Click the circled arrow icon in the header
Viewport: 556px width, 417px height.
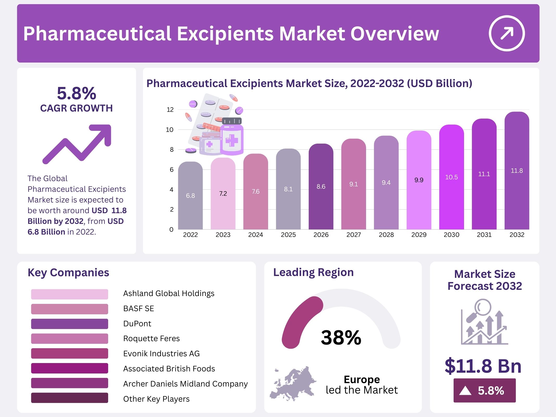(506, 33)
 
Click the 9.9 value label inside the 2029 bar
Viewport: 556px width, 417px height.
(419, 180)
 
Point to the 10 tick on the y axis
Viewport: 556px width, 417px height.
(170, 130)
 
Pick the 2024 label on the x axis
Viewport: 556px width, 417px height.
(255, 235)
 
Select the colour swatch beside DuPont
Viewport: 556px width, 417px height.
(70, 324)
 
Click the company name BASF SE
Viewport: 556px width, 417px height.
(139, 309)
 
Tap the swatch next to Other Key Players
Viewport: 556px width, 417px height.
(70, 398)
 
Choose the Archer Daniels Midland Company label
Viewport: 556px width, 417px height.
(185, 384)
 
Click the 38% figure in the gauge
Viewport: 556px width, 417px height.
(341, 338)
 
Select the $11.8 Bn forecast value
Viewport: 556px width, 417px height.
(483, 366)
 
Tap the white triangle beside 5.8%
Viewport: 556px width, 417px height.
(465, 391)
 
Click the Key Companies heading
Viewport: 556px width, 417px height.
(68, 273)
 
